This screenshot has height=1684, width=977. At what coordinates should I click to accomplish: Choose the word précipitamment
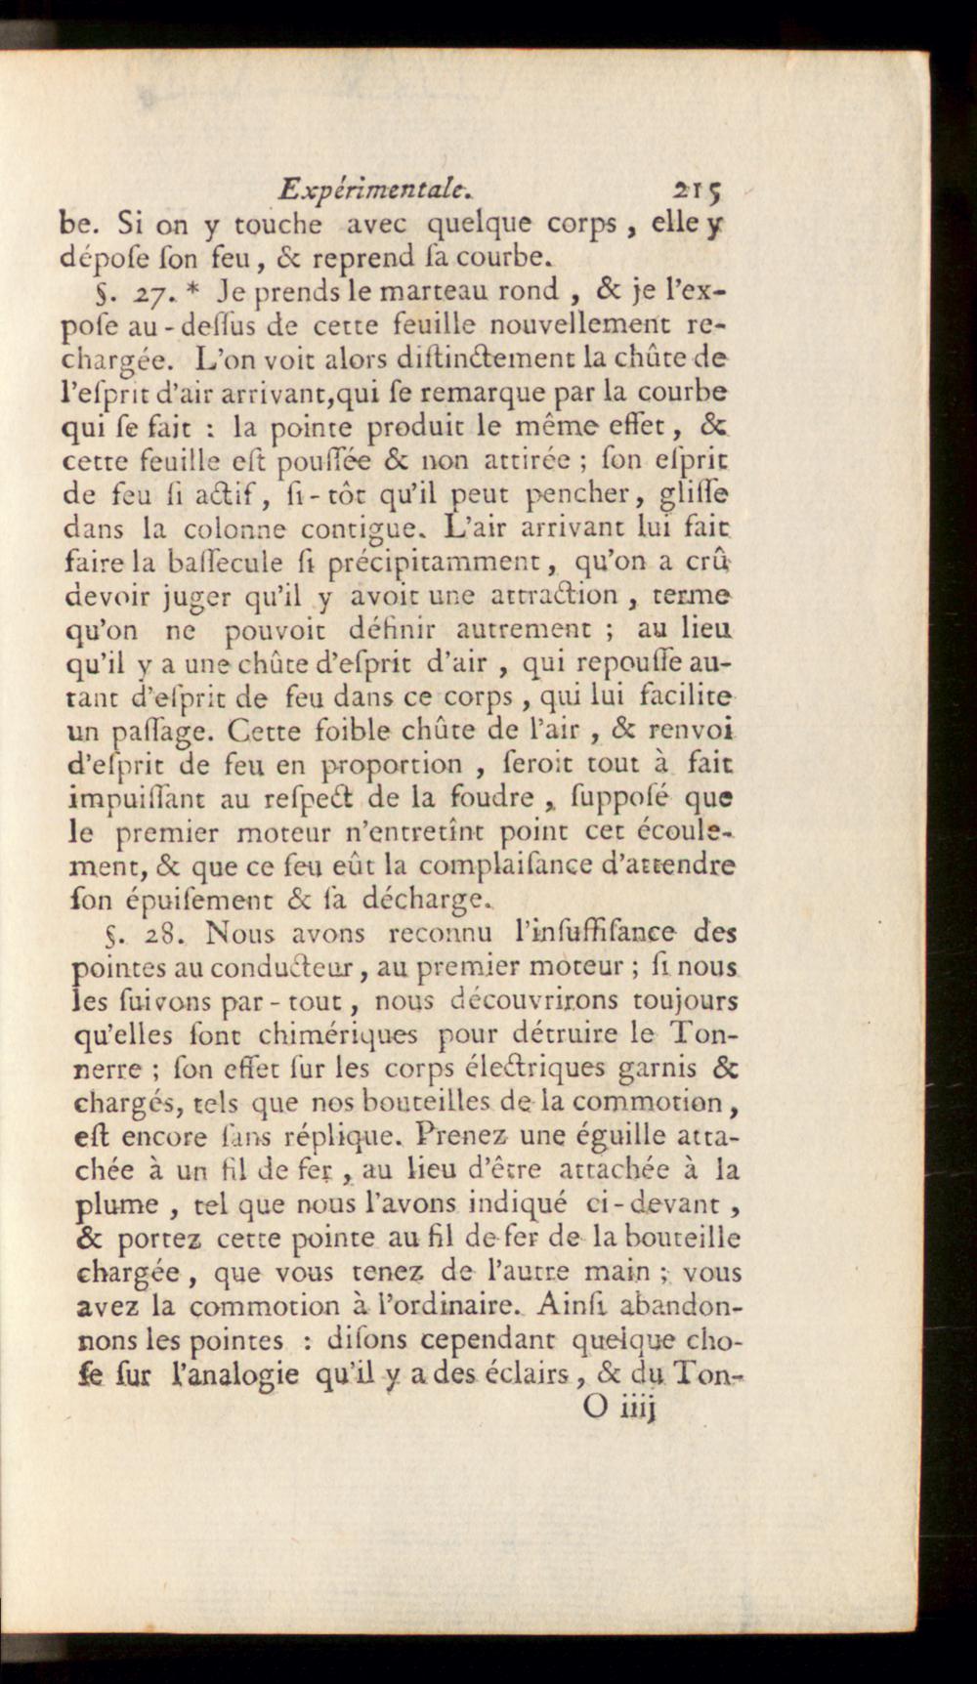[x=435, y=564]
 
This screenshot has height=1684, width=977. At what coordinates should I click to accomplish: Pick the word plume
[x=116, y=1205]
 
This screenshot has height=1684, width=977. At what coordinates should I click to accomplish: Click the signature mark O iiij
[x=620, y=1408]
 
